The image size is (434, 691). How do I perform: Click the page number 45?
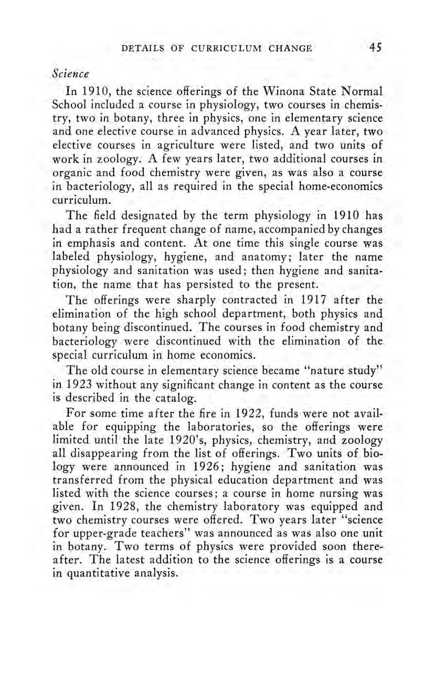coord(375,48)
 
